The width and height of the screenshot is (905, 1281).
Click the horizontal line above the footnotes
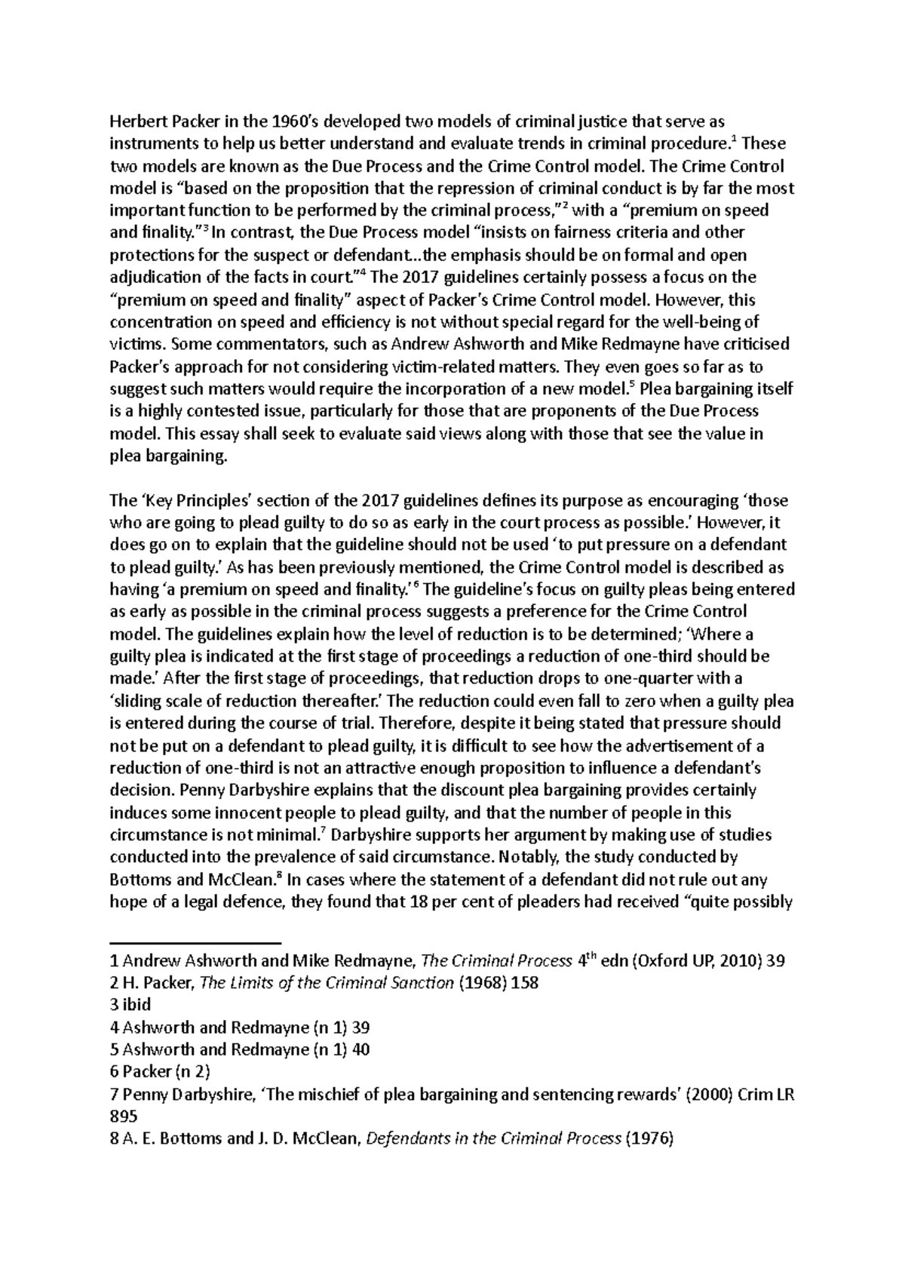point(195,943)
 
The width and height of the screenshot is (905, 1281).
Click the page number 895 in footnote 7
point(124,1117)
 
